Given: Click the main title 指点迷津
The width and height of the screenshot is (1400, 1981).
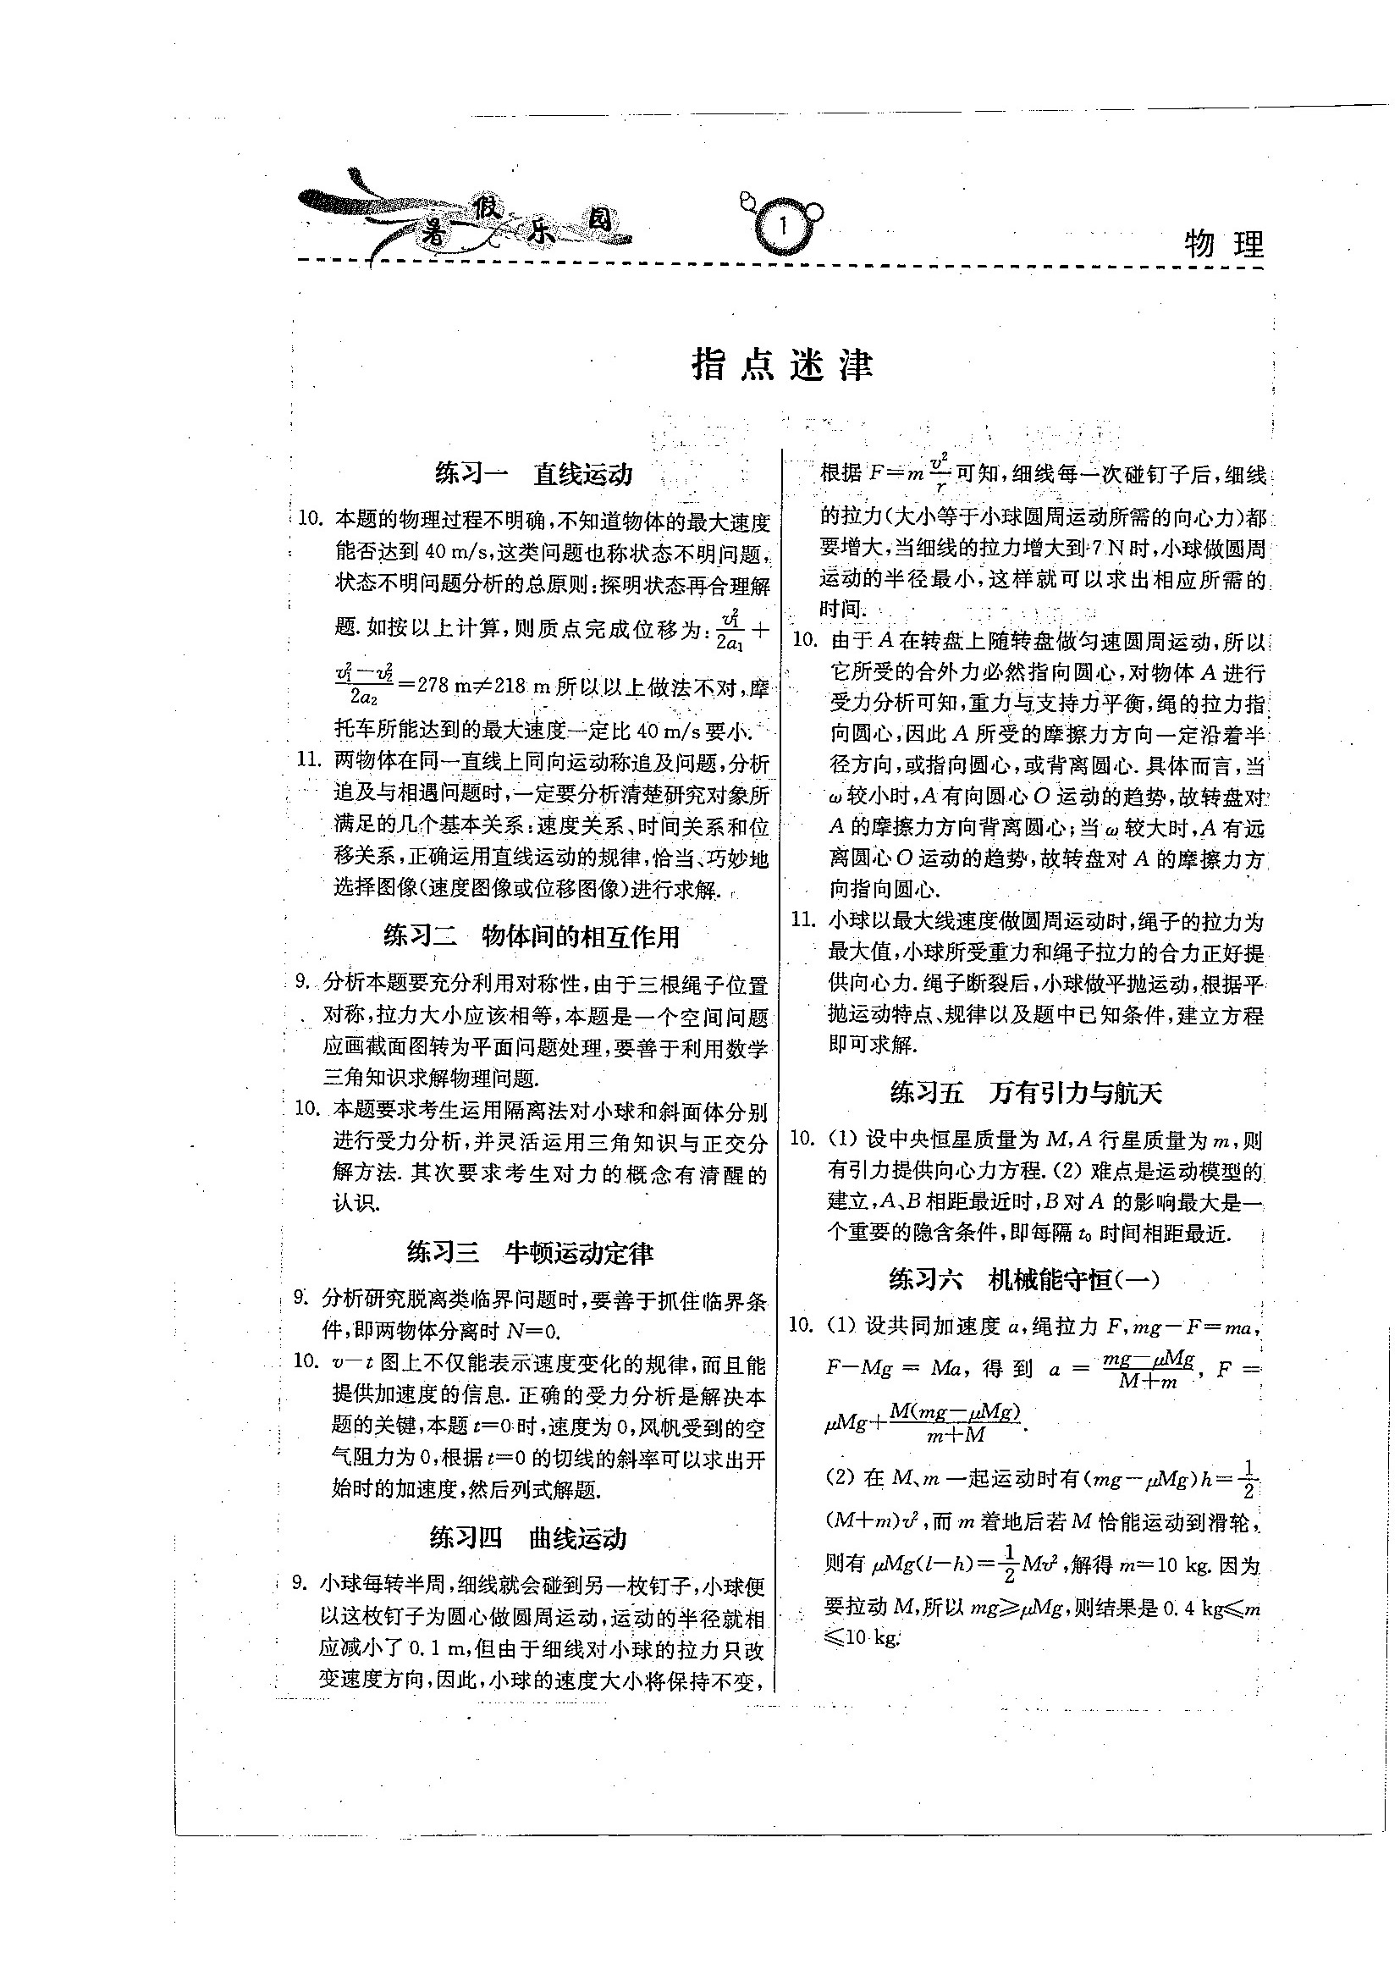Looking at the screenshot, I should (x=782, y=366).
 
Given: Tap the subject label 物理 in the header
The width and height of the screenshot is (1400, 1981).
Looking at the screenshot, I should (x=1223, y=245).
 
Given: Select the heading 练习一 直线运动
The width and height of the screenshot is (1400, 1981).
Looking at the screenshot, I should (x=533, y=474).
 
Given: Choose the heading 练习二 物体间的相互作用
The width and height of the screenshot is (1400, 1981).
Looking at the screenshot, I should (x=532, y=936).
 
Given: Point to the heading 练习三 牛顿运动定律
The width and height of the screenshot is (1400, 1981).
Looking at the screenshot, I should (x=530, y=1253).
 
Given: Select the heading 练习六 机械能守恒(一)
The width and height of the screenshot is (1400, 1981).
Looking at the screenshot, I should (x=1026, y=1280).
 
